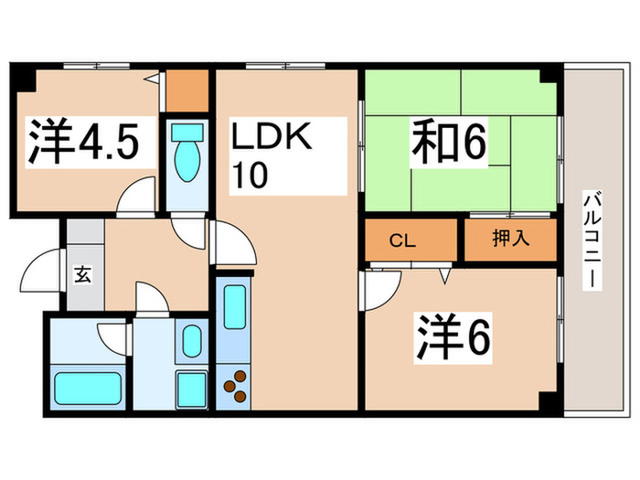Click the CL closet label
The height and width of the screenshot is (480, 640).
tap(402, 242)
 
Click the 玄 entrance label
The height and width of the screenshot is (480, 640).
tap(82, 275)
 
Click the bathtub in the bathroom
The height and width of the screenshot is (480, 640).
tap(87, 389)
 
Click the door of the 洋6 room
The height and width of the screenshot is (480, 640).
tap(377, 290)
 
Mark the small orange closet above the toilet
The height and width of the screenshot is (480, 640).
tap(188, 90)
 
